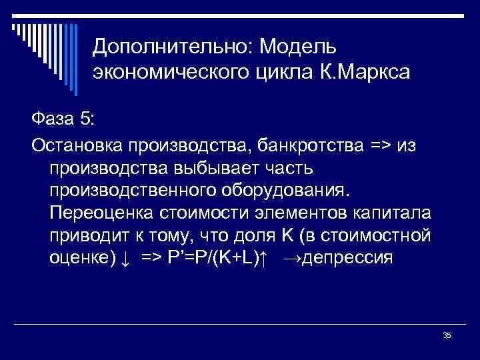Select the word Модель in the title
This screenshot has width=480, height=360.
coord(299,48)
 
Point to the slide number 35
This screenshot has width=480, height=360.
coord(447,335)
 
